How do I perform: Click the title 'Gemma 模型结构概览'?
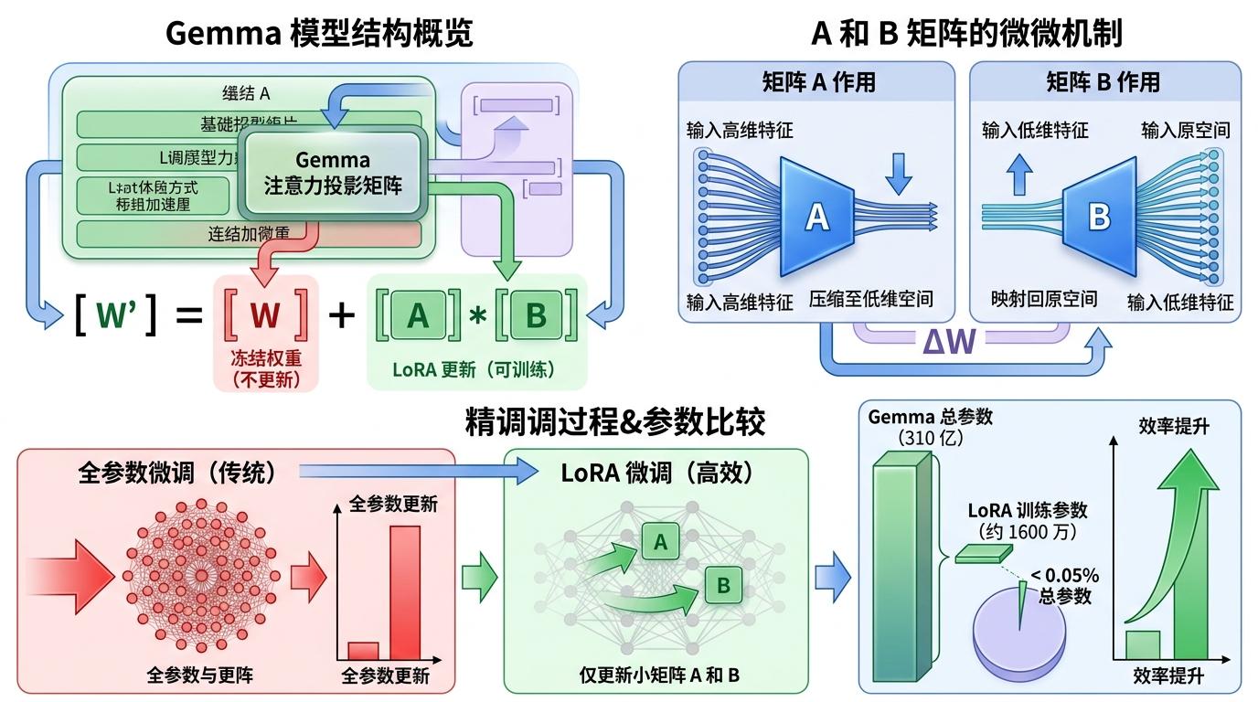click(x=319, y=34)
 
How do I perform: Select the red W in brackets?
click(x=265, y=314)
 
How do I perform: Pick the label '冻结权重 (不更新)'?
click(x=265, y=368)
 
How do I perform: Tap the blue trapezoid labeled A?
click(x=815, y=216)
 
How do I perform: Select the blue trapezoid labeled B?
click(x=1098, y=217)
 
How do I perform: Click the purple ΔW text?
click(x=949, y=341)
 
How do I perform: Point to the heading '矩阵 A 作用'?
click(x=818, y=82)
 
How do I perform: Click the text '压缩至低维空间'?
click(x=870, y=299)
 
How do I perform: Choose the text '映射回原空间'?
click(x=1044, y=299)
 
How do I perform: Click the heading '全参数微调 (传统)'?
click(x=177, y=473)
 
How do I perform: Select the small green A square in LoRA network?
click(x=660, y=542)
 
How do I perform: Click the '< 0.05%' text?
click(x=1065, y=576)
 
